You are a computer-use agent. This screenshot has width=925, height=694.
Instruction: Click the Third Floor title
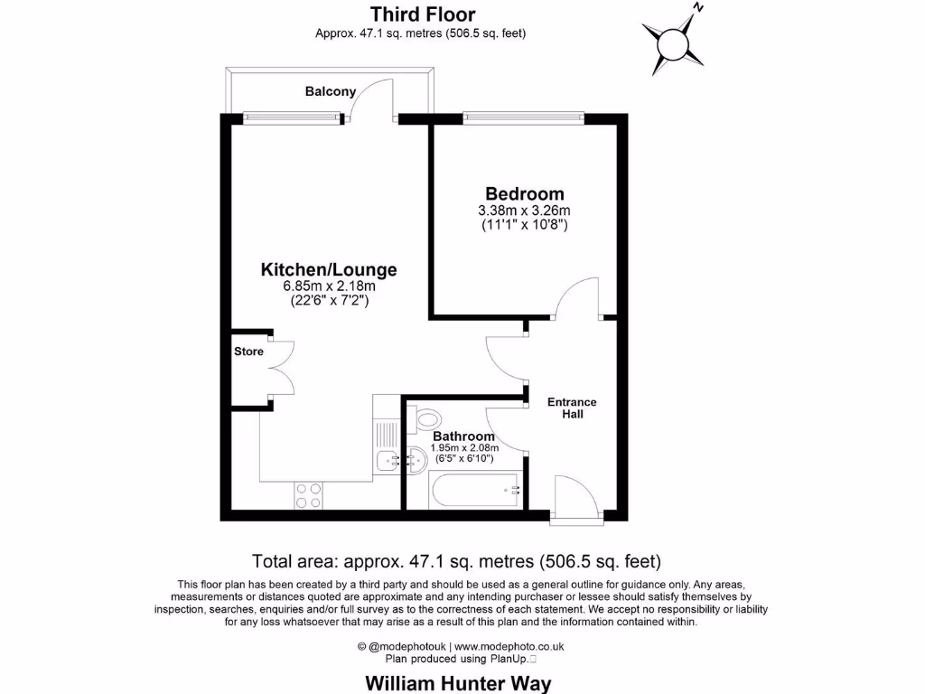tap(421, 14)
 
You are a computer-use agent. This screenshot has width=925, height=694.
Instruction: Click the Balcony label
tap(330, 91)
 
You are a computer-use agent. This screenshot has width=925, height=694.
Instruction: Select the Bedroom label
tap(524, 193)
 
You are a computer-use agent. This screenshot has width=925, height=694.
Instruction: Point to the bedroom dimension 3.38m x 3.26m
tap(524, 211)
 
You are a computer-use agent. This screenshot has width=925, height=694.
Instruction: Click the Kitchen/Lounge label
tap(329, 269)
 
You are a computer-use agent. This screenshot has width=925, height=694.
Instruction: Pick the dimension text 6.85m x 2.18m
tap(329, 286)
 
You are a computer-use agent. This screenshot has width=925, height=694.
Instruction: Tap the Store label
tap(248, 352)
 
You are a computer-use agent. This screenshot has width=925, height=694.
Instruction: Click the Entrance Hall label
tap(572, 408)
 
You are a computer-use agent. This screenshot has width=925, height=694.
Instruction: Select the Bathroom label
tap(463, 436)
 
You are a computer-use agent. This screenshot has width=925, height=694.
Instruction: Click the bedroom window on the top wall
tap(523, 117)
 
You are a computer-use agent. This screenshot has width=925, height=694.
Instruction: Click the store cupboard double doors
tap(282, 368)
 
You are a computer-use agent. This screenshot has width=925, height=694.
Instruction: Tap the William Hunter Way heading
tap(457, 682)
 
